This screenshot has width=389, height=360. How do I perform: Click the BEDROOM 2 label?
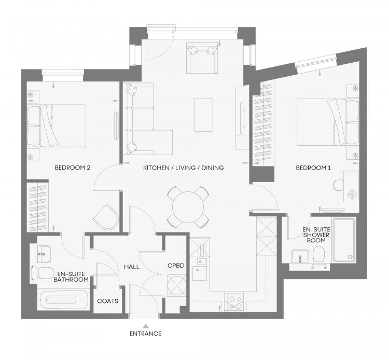point(73,168)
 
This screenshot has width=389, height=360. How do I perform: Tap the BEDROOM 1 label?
point(313,168)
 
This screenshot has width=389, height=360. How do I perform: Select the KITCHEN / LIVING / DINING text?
point(183,168)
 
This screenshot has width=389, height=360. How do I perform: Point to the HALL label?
point(132,267)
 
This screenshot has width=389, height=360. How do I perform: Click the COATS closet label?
point(108,301)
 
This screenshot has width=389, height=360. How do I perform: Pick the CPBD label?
point(176,266)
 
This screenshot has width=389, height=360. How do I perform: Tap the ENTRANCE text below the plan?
point(146,334)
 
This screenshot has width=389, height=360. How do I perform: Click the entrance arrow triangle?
point(146,326)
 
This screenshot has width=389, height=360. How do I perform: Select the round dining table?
point(188,207)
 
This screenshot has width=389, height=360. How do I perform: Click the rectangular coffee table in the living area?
point(203,115)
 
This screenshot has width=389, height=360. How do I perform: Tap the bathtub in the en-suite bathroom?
point(63,300)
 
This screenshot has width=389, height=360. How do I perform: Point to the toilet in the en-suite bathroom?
point(44,273)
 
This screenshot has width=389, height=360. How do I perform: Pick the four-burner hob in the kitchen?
point(234,302)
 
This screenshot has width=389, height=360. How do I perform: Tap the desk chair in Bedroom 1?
point(338,185)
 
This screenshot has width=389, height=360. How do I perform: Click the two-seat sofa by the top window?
point(202,58)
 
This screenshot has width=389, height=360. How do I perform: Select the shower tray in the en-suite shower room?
point(344,240)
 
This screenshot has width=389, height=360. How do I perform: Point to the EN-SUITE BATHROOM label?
point(71,277)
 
